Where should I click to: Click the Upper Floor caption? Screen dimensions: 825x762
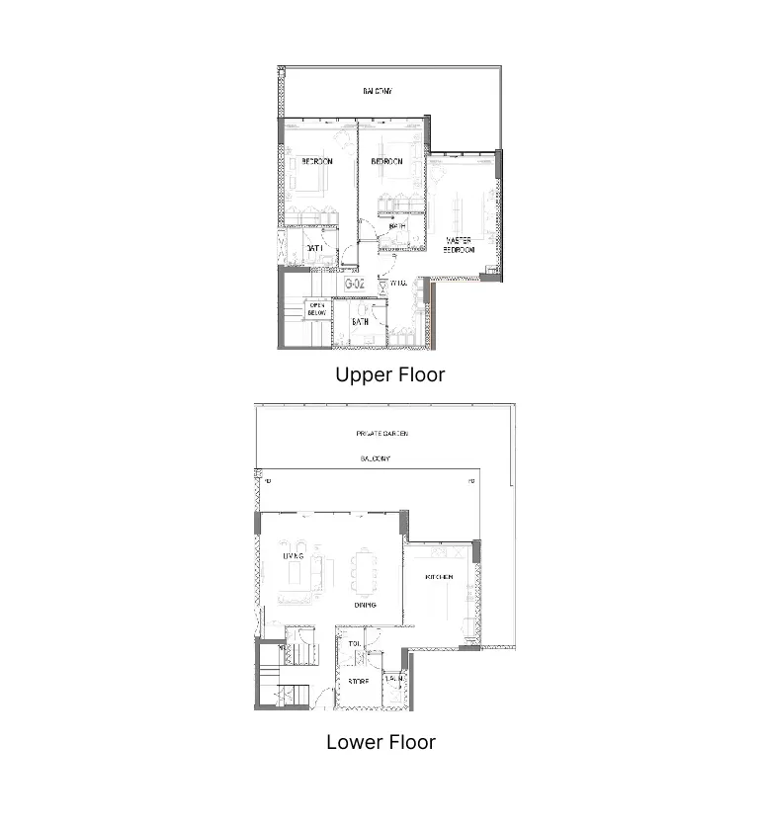click(389, 375)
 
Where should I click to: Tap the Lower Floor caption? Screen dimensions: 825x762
click(381, 742)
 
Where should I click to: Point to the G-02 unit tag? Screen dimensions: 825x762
click(355, 285)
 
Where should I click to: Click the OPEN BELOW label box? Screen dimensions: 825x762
click(317, 309)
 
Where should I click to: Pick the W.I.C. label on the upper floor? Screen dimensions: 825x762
click(398, 285)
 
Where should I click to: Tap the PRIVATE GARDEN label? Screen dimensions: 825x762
click(381, 434)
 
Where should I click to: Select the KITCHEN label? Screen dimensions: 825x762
click(439, 577)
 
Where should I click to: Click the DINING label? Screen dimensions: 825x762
click(364, 606)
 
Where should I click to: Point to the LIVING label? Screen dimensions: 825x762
click(292, 557)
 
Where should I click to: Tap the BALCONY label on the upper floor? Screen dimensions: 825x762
click(377, 91)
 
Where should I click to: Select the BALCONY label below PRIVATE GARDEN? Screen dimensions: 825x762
click(375, 459)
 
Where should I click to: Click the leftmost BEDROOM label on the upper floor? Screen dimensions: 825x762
click(316, 161)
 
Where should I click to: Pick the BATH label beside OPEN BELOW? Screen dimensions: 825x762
click(362, 322)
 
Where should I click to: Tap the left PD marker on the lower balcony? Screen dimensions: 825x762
click(268, 481)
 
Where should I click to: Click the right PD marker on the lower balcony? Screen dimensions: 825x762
click(471, 481)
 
